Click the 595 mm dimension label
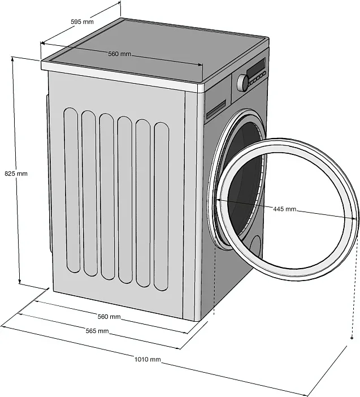tap(82, 21)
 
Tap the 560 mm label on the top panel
tap(119, 54)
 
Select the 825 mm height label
tap(16, 174)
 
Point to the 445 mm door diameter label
tap(285, 209)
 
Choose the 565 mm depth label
tap(97, 331)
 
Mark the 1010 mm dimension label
tap(148, 359)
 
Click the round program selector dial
tap(244, 82)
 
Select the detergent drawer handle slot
tap(216, 110)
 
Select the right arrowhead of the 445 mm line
tap(356, 221)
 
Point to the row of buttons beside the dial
tap(258, 78)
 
